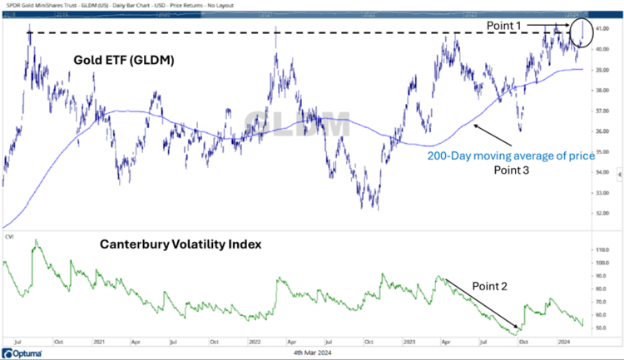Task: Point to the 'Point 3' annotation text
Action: coord(497,170)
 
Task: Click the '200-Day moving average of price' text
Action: coord(496,155)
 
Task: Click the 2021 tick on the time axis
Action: coord(100,342)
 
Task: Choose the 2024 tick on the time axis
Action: coord(562,342)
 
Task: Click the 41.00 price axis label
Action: coord(603,29)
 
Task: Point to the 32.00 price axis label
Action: coord(603,213)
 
